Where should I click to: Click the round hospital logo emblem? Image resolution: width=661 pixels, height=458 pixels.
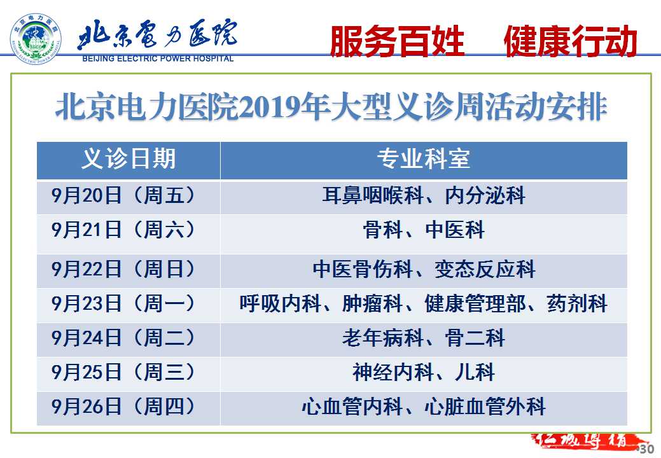coord(36,39)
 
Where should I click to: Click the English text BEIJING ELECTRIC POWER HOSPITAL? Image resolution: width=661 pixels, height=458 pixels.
coord(158,59)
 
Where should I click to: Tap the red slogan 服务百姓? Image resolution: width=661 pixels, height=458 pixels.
coord(397,41)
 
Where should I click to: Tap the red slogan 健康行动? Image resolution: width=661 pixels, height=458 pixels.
coord(571,41)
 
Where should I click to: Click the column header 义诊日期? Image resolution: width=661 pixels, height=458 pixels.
coord(128,159)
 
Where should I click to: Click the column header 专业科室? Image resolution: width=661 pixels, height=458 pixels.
coord(423,159)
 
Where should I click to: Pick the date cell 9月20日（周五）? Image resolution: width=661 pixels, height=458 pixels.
coord(123,196)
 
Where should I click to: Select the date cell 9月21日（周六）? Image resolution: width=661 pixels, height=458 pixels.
coord(123,230)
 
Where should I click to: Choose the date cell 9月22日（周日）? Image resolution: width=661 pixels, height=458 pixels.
coord(123,269)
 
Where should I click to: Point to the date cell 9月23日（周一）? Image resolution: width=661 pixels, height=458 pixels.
coord(123,304)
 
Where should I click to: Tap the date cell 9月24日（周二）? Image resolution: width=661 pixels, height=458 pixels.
coord(123,338)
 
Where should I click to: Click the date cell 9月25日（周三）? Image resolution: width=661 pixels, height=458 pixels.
coord(123,373)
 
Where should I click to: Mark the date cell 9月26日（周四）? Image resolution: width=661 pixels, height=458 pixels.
coord(123,407)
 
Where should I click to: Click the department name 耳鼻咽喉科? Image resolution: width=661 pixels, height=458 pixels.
coord(373,196)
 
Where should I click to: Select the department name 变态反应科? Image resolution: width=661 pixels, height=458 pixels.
coord(485,269)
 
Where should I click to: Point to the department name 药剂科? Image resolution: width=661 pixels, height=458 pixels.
coord(577,304)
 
